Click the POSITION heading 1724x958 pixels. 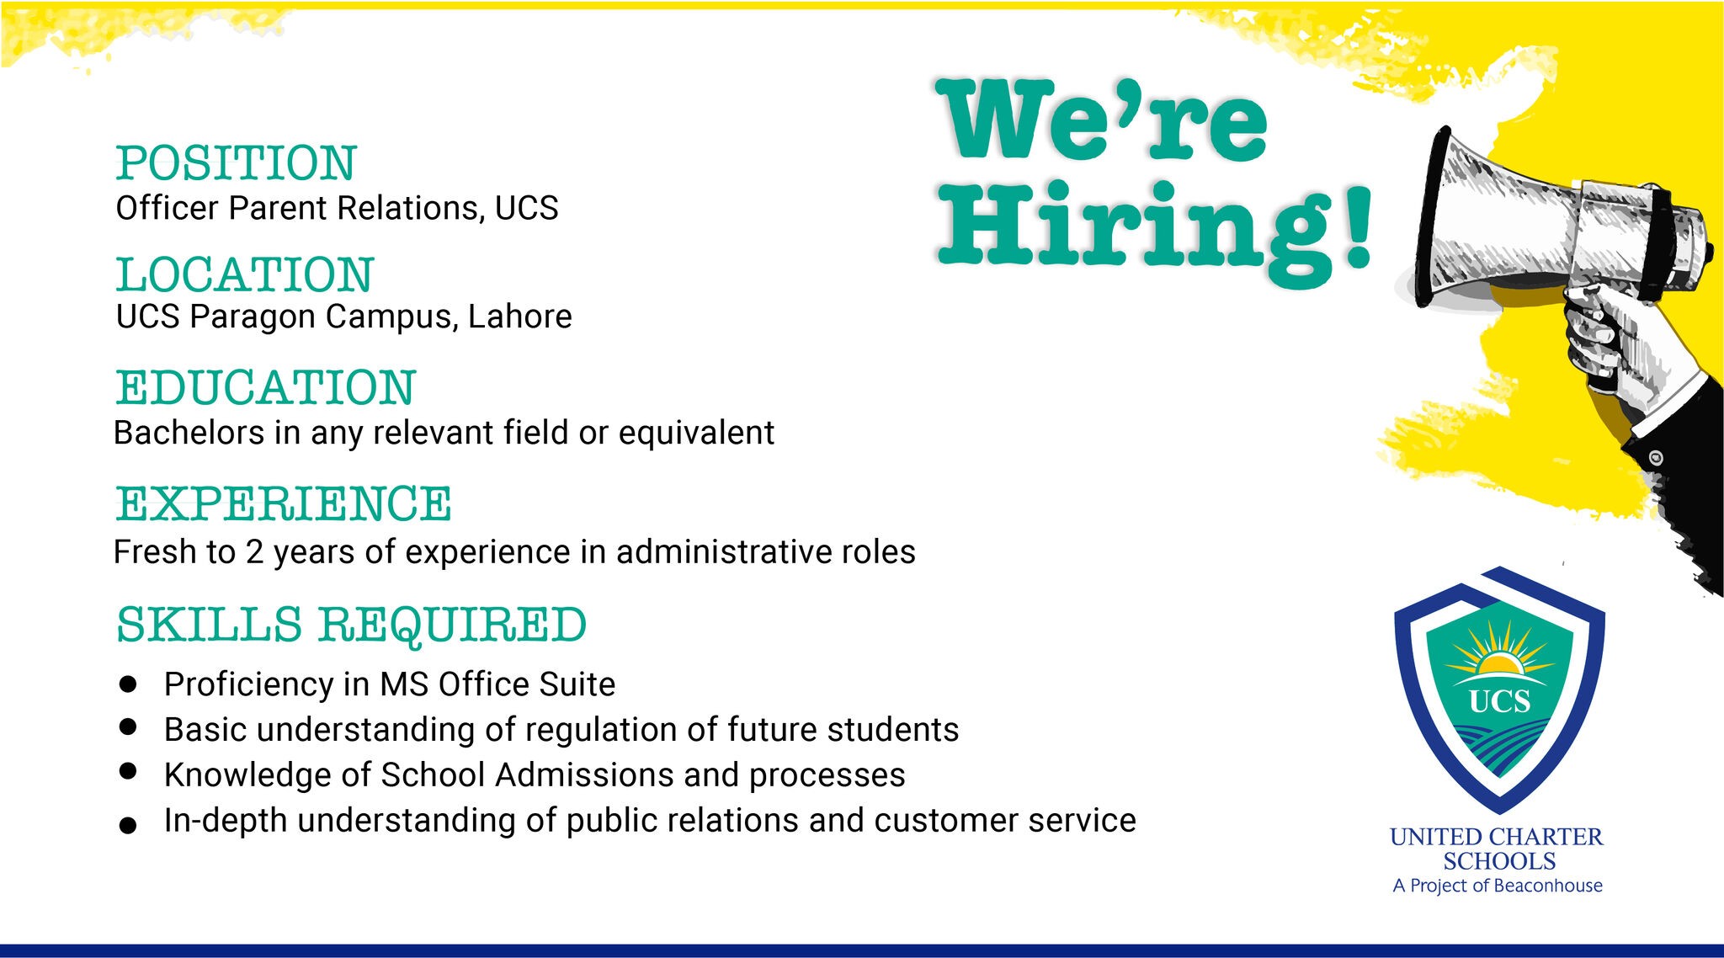[237, 163]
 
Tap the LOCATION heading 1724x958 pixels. [245, 274]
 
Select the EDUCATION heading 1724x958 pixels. [266, 387]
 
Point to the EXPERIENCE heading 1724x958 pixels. [284, 503]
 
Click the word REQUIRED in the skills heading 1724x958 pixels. [452, 625]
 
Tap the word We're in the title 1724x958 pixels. [1103, 119]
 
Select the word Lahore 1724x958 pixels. [520, 317]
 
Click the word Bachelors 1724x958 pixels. [189, 433]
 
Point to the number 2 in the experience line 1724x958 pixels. [254, 552]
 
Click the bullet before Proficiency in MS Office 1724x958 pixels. [128, 684]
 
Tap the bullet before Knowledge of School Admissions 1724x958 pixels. [128, 771]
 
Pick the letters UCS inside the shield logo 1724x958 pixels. [1499, 701]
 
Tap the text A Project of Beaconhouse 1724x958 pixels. [1498, 886]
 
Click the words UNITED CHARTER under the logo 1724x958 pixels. [1497, 837]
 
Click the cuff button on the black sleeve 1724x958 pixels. [1656, 458]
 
